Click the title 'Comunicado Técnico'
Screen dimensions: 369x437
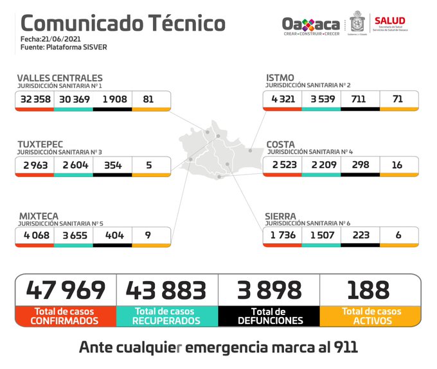(123, 23)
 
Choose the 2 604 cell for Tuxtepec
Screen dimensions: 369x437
(73, 165)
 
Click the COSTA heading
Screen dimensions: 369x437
(281, 144)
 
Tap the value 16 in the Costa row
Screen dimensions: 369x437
(398, 165)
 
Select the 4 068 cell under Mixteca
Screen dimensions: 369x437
(35, 235)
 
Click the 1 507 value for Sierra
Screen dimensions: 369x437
(321, 235)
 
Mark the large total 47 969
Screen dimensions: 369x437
(65, 289)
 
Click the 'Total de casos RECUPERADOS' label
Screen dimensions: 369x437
(167, 315)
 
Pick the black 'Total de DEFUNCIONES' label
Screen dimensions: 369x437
(269, 315)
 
